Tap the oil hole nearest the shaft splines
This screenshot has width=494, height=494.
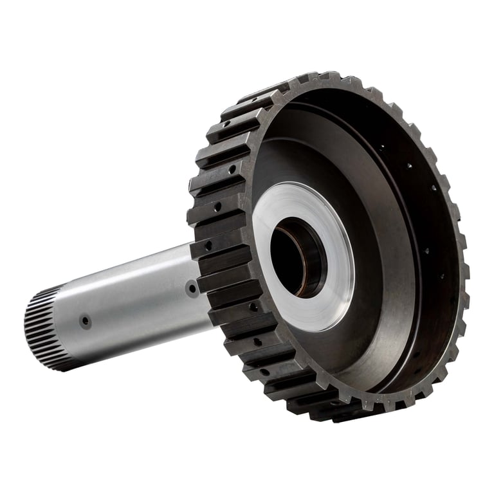[85, 320]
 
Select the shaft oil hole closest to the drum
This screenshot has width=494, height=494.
[192, 288]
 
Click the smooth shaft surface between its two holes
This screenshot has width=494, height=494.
[138, 302]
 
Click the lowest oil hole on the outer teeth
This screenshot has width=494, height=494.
[264, 372]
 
